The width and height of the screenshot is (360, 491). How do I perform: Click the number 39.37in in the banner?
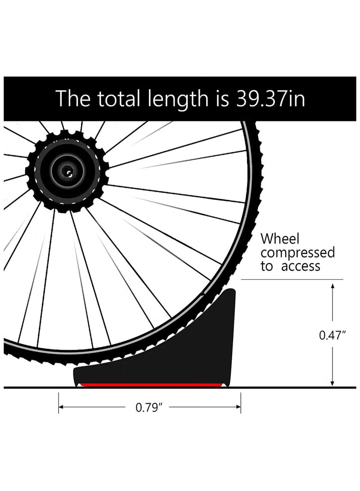pyautogui.click(x=270, y=99)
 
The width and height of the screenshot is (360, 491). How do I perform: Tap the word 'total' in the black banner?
pyautogui.click(x=118, y=99)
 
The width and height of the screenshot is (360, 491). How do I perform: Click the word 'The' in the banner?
pyautogui.click(x=73, y=99)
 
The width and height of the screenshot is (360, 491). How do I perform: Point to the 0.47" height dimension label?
pyautogui.click(x=332, y=335)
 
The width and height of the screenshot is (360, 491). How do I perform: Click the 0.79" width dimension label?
pyautogui.click(x=149, y=407)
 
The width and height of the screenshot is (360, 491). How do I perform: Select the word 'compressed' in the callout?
pyautogui.click(x=298, y=253)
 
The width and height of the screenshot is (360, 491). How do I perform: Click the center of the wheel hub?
pyautogui.click(x=67, y=171)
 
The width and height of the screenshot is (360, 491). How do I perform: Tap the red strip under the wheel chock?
pyautogui.click(x=152, y=384)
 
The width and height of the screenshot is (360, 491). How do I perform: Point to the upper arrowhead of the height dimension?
pyautogui.click(x=333, y=286)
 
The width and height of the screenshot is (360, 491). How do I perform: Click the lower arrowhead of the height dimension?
pyautogui.click(x=333, y=384)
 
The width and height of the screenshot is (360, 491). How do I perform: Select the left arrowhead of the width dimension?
pyautogui.click(x=61, y=407)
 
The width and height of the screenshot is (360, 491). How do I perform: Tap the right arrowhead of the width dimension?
pyautogui.click(x=238, y=407)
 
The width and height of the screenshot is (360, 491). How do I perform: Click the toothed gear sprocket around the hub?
pyautogui.click(x=67, y=171)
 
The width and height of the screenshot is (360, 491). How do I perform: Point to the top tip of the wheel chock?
pyautogui.click(x=232, y=289)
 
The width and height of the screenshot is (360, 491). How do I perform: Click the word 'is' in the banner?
pyautogui.click(x=222, y=99)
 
